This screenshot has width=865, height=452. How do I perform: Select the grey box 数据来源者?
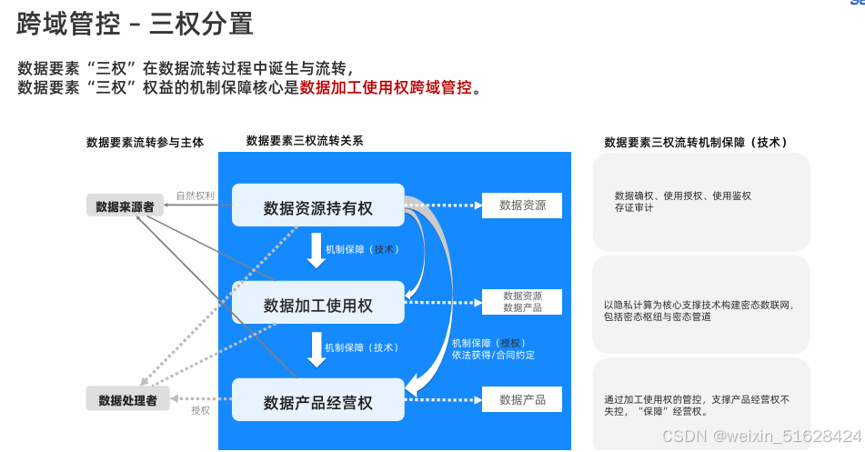click(125, 206)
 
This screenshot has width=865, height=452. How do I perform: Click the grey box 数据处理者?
click(128, 399)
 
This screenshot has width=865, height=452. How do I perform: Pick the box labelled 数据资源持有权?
click(317, 207)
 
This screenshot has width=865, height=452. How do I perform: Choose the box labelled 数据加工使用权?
click(317, 305)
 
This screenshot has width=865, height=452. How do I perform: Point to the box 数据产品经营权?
click(317, 402)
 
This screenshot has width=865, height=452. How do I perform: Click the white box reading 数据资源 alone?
click(522, 206)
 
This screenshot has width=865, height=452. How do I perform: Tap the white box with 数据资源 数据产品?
click(522, 302)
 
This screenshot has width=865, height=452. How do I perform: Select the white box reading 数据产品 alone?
click(522, 399)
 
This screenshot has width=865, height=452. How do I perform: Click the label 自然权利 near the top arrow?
click(196, 196)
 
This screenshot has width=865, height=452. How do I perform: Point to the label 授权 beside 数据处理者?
click(200, 410)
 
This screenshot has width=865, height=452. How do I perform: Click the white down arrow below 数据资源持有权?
click(316, 252)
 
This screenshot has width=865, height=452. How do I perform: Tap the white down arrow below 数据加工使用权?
click(316, 349)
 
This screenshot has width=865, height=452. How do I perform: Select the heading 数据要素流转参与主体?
click(146, 142)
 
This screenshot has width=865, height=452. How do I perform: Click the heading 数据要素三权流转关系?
click(305, 141)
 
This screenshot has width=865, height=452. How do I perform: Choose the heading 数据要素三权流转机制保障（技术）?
click(696, 142)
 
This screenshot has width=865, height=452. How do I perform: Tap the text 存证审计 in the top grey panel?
click(634, 208)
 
